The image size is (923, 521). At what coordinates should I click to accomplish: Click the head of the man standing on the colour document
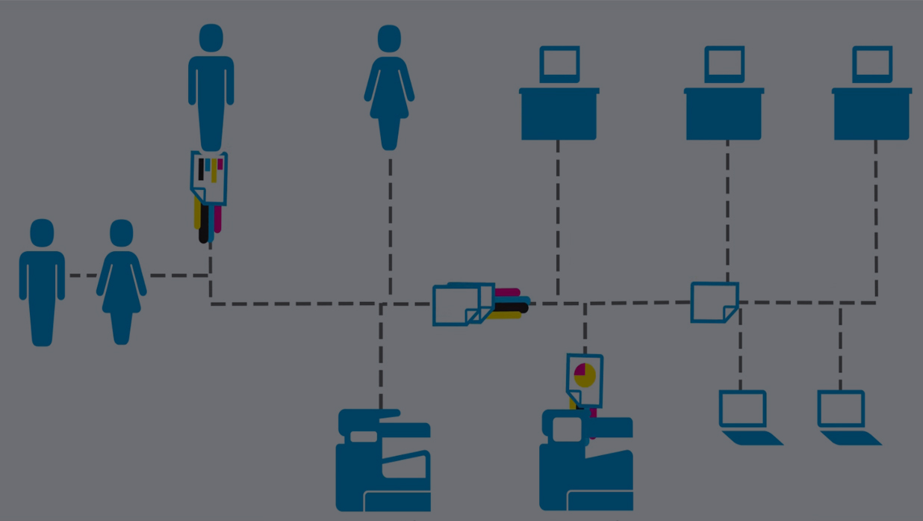tap(211, 38)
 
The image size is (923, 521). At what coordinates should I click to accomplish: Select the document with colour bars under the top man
tap(209, 179)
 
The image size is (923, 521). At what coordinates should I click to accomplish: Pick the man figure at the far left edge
tap(42, 283)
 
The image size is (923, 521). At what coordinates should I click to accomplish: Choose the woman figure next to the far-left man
tap(122, 283)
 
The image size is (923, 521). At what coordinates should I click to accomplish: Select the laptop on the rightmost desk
tap(872, 64)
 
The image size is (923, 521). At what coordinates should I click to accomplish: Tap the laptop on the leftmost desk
tap(560, 64)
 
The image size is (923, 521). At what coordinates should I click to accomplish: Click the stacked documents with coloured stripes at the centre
tap(463, 304)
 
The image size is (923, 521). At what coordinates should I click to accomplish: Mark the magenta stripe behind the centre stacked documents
tap(508, 292)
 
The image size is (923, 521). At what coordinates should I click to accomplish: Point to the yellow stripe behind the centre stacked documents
tap(508, 315)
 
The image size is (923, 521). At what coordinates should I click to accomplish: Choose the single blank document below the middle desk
tap(714, 302)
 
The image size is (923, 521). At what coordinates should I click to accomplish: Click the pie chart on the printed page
tap(585, 374)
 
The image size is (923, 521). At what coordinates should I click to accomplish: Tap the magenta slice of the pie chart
tap(580, 369)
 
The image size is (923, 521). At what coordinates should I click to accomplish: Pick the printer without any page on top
tap(383, 460)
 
